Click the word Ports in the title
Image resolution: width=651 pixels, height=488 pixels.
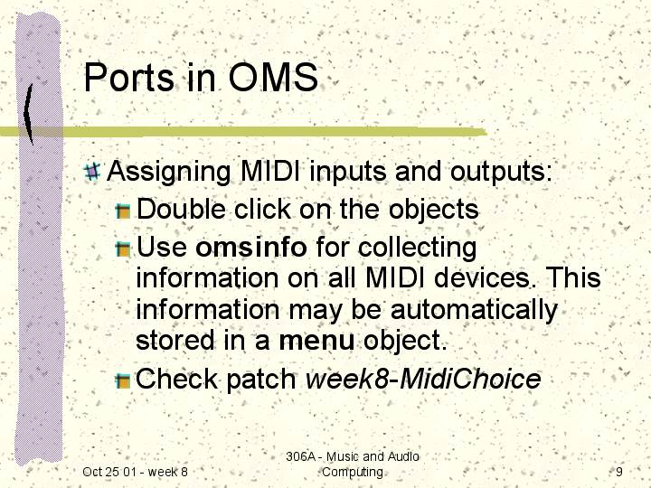click(x=128, y=77)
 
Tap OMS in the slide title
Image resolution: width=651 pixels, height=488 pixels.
click(x=273, y=77)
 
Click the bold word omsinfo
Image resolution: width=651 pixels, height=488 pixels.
click(x=251, y=247)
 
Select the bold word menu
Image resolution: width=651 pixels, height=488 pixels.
click(x=316, y=341)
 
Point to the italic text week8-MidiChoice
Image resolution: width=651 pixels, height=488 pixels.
click(x=423, y=379)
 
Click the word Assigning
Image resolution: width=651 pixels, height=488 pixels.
click(x=169, y=172)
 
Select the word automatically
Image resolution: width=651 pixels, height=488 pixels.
click(x=474, y=309)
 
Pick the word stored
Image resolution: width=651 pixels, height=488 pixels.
click(x=175, y=341)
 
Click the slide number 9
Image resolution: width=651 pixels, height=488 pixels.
click(x=619, y=472)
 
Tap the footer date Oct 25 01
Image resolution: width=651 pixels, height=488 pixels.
click(x=109, y=472)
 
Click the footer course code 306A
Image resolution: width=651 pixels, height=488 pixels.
click(x=300, y=456)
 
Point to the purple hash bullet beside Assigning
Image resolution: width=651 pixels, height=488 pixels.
click(x=92, y=172)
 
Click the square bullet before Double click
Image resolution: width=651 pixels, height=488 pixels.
click(x=123, y=211)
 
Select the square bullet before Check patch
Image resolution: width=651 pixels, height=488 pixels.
click(x=123, y=381)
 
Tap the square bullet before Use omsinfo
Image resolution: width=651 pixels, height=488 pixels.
click(x=123, y=249)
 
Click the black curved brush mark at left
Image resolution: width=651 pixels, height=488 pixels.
click(x=28, y=114)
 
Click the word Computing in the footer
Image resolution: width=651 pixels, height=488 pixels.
click(x=353, y=473)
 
